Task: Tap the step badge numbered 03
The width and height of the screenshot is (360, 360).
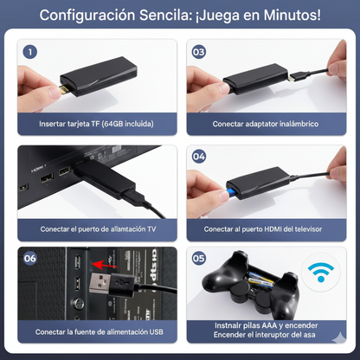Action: pyautogui.click(x=198, y=51)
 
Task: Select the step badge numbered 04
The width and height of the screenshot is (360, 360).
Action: pyautogui.click(x=198, y=157)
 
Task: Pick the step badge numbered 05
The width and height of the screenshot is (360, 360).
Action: pyautogui.click(x=198, y=258)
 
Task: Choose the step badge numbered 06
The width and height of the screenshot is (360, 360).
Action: pyautogui.click(x=29, y=258)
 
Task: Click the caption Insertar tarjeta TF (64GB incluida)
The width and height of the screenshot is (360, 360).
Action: pyautogui.click(x=96, y=124)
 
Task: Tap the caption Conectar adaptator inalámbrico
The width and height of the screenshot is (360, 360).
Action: pyautogui.click(x=265, y=124)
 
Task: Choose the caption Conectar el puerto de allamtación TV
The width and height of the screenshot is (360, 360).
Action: pyautogui.click(x=96, y=229)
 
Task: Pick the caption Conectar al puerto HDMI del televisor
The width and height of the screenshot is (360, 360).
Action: pyautogui.click(x=265, y=229)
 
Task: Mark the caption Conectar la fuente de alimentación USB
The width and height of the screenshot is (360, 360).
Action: pyautogui.click(x=96, y=331)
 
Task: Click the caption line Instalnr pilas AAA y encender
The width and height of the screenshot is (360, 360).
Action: pyautogui.click(x=265, y=326)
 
